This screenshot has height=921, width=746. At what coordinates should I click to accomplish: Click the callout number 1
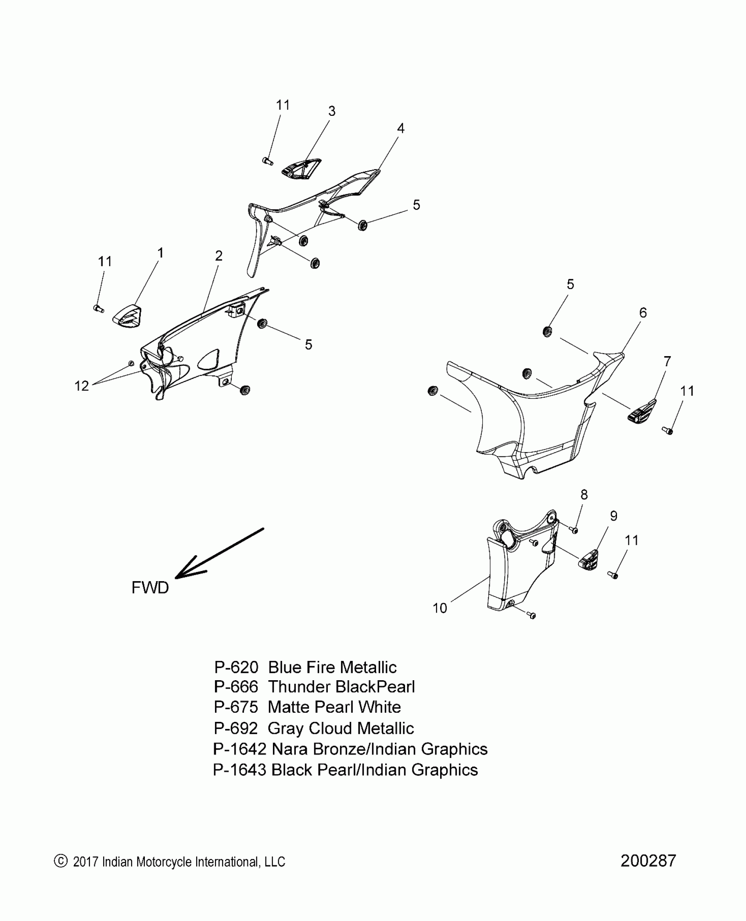[161, 253]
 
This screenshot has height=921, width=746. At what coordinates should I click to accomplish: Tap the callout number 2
[219, 256]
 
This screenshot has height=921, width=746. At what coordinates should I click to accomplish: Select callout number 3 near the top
[332, 111]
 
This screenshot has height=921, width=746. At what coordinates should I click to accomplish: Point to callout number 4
[400, 129]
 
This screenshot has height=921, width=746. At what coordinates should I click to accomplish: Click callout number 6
[643, 313]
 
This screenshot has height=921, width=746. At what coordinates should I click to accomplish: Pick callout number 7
[667, 361]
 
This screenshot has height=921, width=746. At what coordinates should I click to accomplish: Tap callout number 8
[584, 495]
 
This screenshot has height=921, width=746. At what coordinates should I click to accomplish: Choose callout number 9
[613, 516]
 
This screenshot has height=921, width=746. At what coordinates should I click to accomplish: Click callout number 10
[440, 608]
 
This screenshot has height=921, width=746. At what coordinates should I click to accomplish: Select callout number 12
[82, 386]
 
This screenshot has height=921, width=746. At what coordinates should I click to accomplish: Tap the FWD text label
[150, 588]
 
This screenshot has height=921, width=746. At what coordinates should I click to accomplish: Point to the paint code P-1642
[240, 749]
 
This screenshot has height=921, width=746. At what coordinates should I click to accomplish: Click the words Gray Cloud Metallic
[341, 728]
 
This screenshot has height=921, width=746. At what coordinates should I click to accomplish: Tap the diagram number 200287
[648, 861]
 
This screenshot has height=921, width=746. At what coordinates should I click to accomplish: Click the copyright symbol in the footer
[60, 861]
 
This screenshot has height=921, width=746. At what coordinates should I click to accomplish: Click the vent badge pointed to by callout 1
[127, 316]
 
